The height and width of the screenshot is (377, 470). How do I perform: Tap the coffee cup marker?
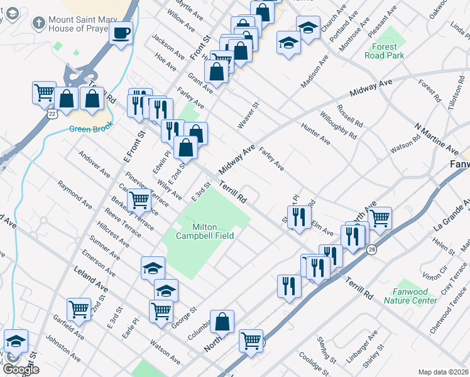click(121, 32)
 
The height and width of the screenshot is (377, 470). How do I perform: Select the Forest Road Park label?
click(384, 51)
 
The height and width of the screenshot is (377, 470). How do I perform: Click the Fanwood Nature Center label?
click(414, 296)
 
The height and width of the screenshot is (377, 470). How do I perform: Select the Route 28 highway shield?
click(372, 232)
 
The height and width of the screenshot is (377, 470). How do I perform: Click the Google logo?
click(20, 369)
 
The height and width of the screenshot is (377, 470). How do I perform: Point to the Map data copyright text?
click(443, 372)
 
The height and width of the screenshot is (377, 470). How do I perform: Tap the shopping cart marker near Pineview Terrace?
click(139, 200)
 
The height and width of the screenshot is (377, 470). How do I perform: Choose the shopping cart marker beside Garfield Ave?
click(79, 308)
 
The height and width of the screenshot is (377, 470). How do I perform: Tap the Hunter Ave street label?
click(315, 134)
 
